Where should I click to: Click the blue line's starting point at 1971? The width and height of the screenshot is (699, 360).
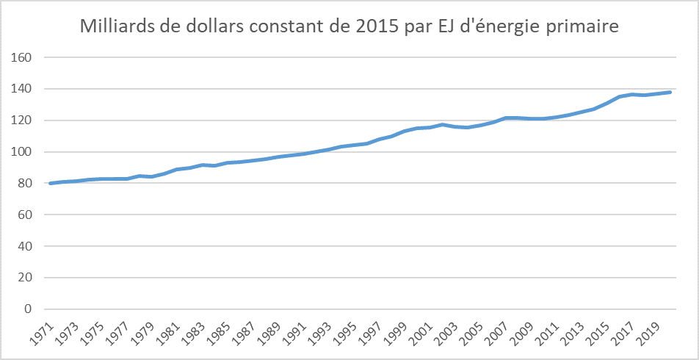(51, 183)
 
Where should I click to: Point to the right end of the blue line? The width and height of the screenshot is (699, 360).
(670, 92)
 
